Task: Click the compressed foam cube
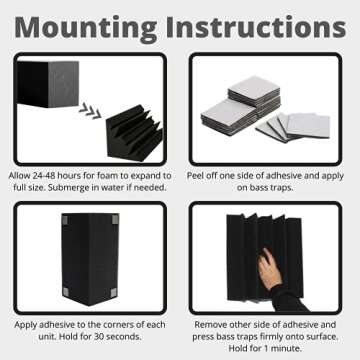pyautogui.click(x=50, y=84)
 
